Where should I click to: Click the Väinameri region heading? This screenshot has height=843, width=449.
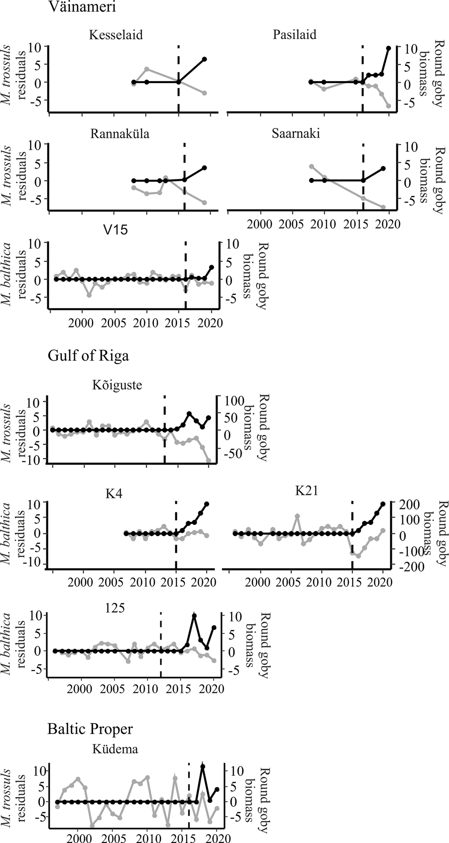coord(82,7)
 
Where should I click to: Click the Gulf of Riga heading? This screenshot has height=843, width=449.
coord(88,356)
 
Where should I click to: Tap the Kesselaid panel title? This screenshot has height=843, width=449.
coord(116,35)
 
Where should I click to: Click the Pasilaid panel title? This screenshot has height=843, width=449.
coord(294,35)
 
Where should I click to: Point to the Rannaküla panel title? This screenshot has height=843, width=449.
coord(120,134)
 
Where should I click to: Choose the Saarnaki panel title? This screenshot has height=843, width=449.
coord(296,134)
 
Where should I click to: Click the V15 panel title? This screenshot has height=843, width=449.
coord(115,230)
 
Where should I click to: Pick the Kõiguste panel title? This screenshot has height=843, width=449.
coord(117,385)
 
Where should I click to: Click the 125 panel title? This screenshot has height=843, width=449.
coord(115,608)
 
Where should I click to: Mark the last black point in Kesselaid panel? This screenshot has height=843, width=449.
coord(204,59)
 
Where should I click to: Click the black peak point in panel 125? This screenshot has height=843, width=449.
coord(194,616)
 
